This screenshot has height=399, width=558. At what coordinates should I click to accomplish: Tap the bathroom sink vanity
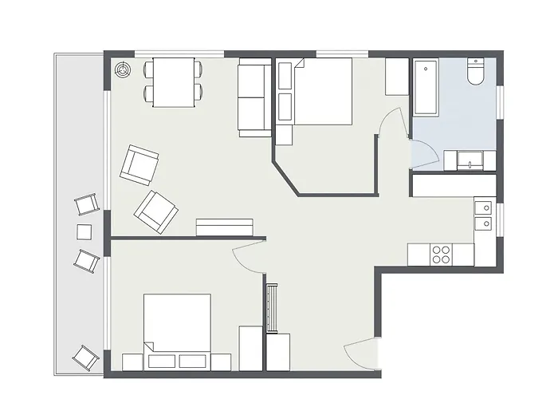[x=470, y=160]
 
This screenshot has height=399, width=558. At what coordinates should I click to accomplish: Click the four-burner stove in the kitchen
[x=441, y=254]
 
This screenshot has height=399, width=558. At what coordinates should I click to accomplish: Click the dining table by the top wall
[x=175, y=82]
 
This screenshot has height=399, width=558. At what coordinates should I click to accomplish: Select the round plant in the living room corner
[x=123, y=71]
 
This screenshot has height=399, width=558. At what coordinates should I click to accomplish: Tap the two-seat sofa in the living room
[x=254, y=97]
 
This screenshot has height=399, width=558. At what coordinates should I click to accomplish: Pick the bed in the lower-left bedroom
[x=178, y=322]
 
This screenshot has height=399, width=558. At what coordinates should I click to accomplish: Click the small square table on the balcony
[x=84, y=232]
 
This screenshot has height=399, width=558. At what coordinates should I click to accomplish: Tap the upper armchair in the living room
[x=139, y=164]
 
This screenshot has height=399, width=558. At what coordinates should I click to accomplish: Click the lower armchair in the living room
[x=156, y=211]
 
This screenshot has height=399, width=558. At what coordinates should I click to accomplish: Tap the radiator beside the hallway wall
[x=271, y=306]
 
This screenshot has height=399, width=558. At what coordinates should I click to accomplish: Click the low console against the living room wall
[x=224, y=227]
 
